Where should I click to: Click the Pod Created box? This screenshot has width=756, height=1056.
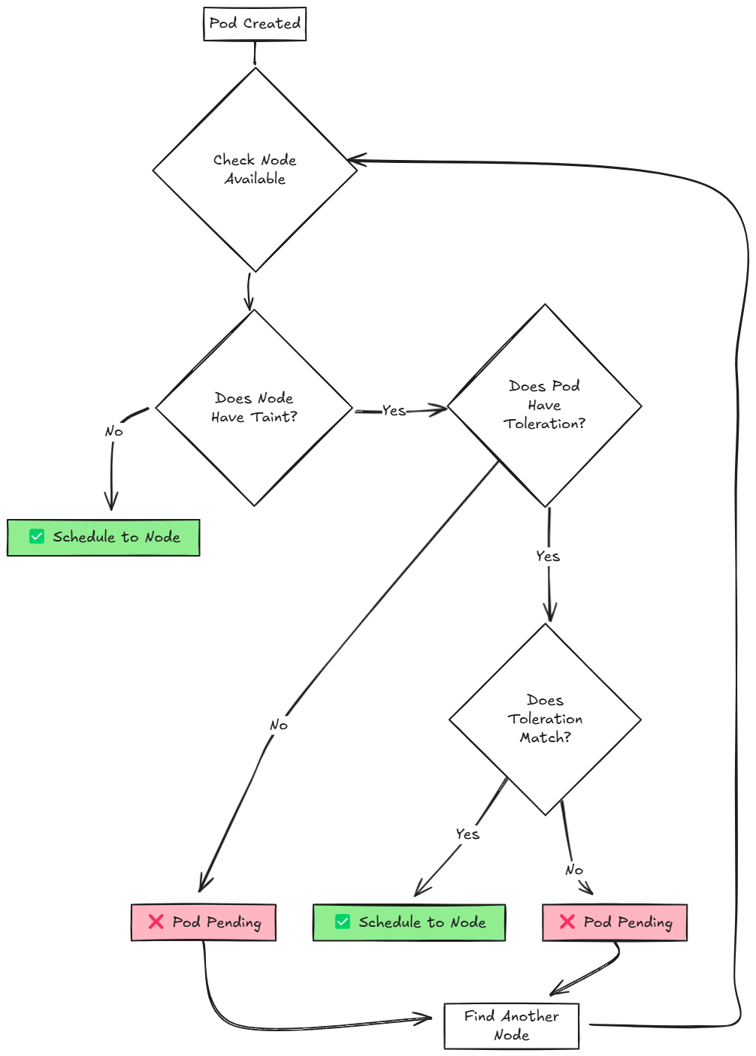(x=255, y=24)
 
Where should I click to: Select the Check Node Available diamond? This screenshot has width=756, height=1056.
(x=255, y=170)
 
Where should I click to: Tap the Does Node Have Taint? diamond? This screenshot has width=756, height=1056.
(x=254, y=408)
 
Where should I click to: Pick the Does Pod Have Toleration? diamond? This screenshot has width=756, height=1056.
(x=545, y=406)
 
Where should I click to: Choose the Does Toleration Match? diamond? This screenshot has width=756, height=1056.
(x=545, y=720)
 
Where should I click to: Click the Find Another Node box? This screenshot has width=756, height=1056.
(x=511, y=1026)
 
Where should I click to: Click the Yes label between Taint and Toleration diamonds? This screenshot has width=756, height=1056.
(x=394, y=411)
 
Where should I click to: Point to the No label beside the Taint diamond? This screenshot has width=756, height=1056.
(x=113, y=432)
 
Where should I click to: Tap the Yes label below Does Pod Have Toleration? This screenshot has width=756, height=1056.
(x=548, y=557)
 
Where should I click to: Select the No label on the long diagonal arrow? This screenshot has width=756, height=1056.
(x=278, y=726)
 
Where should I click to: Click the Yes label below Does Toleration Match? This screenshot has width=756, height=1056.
(x=467, y=834)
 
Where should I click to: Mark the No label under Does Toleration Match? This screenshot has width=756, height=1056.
(x=574, y=870)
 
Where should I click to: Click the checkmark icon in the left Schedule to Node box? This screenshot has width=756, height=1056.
(x=37, y=536)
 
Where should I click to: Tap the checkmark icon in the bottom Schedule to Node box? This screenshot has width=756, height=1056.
(x=343, y=922)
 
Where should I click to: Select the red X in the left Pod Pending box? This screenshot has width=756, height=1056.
(x=156, y=922)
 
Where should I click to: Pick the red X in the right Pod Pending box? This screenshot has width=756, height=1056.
(x=567, y=922)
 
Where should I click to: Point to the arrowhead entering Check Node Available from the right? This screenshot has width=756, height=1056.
(x=352, y=160)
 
